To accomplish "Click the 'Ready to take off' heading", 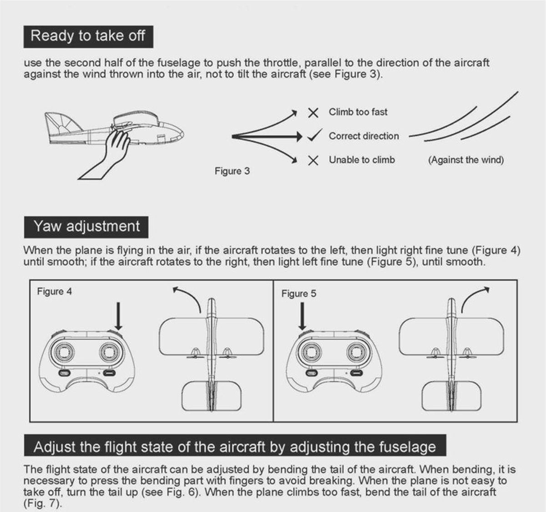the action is click(88, 36).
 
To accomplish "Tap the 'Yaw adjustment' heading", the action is click(86, 227).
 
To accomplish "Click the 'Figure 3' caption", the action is click(232, 171).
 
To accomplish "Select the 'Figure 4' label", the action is click(55, 291).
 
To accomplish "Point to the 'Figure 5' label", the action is click(298, 294).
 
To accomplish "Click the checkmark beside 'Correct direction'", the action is click(314, 135).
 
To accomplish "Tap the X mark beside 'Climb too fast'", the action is click(313, 113).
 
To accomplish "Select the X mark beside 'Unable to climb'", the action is click(313, 160).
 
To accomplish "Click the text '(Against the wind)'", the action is click(466, 160).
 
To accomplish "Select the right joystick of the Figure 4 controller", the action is click(110, 352).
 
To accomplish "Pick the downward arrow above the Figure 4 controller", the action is click(118, 316).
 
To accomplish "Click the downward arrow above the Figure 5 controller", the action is click(302, 316).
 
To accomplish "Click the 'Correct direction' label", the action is click(364, 136).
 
